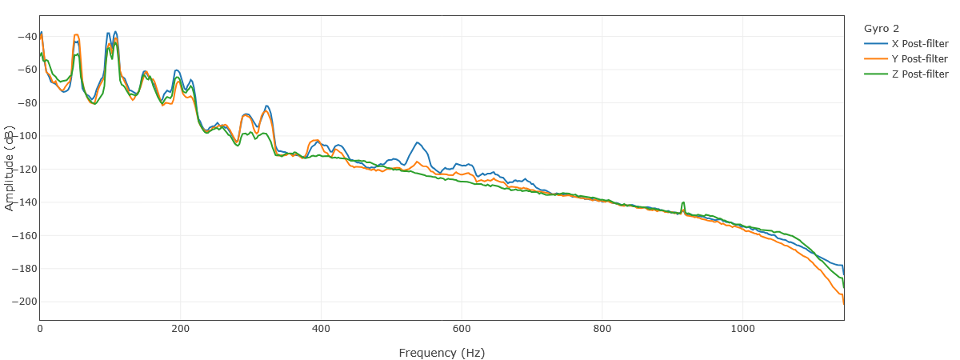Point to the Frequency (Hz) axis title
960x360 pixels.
pyautogui.click(x=442, y=353)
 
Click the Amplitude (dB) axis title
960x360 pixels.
pyautogui.click(x=10, y=167)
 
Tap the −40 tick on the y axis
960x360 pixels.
pyautogui.click(x=25, y=36)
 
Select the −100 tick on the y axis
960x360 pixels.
pyautogui.click(x=22, y=136)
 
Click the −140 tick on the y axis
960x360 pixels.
pyautogui.click(x=22, y=202)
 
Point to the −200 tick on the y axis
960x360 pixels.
pyautogui.click(x=22, y=302)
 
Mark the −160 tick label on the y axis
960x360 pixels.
pyautogui.click(x=22, y=235)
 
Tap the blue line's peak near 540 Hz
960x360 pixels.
pyautogui.click(x=418, y=143)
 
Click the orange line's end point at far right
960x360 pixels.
pyautogui.click(x=844, y=304)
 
